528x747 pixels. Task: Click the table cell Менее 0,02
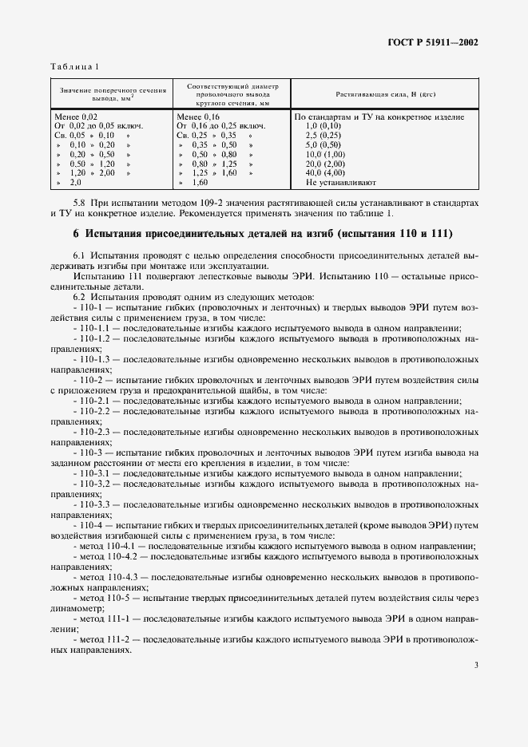pyautogui.click(x=73, y=117)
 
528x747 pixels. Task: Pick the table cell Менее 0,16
pyautogui.click(x=197, y=117)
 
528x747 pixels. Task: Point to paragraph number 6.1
pyautogui.click(x=81, y=255)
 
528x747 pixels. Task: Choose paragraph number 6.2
pyautogui.click(x=81, y=297)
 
